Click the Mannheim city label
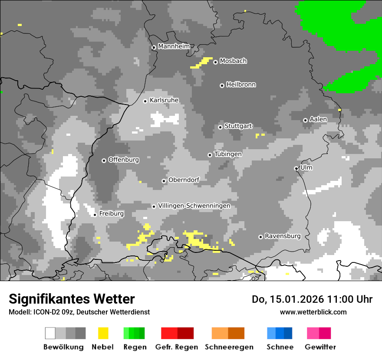pyautogui.click(x=174, y=46)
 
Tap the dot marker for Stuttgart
pyautogui.click(x=221, y=127)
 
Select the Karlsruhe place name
pyautogui.click(x=164, y=100)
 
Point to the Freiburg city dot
pyautogui.click(x=95, y=215)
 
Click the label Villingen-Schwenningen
pyautogui.click(x=194, y=206)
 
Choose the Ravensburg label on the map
pyautogui.click(x=283, y=236)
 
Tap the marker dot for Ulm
pyautogui.click(x=296, y=168)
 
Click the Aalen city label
pyautogui.click(x=318, y=119)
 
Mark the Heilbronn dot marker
pyautogui.click(x=222, y=85)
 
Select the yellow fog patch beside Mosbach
pyautogui.click(x=202, y=63)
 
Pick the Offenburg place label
pyautogui.click(x=124, y=160)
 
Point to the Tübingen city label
pyautogui.click(x=228, y=154)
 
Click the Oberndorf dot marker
pyautogui.click(x=164, y=181)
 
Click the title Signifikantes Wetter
pyautogui.click(x=72, y=299)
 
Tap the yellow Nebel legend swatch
pyautogui.click(x=103, y=333)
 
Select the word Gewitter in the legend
pyautogui.click(x=320, y=347)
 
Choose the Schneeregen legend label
pyautogui.click(x=229, y=347)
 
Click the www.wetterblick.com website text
pyautogui.click(x=313, y=312)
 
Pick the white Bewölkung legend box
pyautogui.click(x=50, y=333)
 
